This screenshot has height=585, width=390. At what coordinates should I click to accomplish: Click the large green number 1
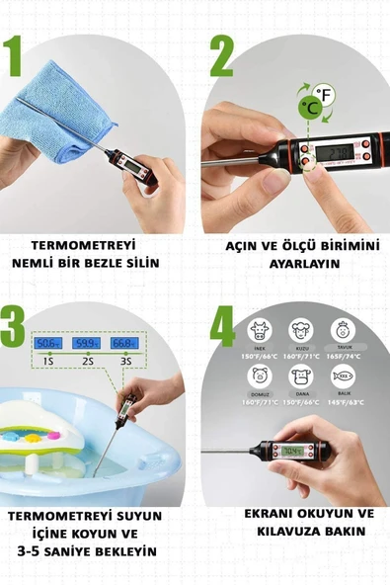coord(13,58)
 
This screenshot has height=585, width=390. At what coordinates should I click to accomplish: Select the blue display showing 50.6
coord(46,343)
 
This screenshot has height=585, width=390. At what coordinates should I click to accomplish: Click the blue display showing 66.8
coord(122,343)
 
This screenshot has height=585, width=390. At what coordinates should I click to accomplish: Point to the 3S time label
coord(122,361)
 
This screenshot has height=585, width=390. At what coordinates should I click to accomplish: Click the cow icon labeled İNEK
coord(260,330)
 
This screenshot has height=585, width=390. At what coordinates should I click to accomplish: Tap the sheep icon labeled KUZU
coord(301,330)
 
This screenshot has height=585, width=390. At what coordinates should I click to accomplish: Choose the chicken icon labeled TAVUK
coord(342,330)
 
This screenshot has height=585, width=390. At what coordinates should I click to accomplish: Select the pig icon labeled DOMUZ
coord(260,376)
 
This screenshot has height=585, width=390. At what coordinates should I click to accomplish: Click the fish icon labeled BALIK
coord(342,376)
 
